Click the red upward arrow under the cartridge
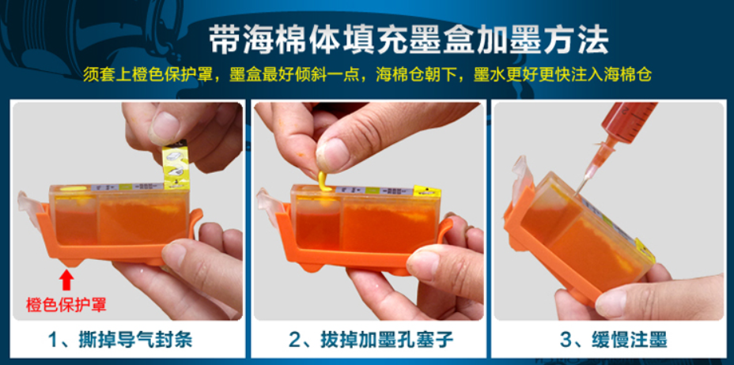click(x=67, y=281)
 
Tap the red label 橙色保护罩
click(x=66, y=305)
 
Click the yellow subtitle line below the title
click(x=368, y=75)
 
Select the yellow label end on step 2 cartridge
click(x=427, y=191)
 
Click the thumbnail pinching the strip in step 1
click(x=164, y=127)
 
